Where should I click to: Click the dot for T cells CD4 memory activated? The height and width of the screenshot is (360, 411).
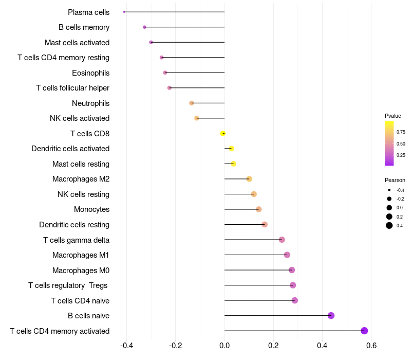pyautogui.click(x=364, y=331)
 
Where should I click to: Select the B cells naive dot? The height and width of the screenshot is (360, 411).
pyautogui.click(x=331, y=315)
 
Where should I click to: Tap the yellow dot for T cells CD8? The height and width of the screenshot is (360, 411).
pyautogui.click(x=223, y=133)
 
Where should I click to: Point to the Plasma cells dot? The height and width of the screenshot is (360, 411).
pyautogui.click(x=124, y=12)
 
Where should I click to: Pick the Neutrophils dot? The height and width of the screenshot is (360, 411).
pyautogui.click(x=192, y=103)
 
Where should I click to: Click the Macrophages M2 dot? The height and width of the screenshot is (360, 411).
pyautogui.click(x=249, y=179)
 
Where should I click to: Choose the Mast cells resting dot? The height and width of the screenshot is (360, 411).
pyautogui.click(x=233, y=164)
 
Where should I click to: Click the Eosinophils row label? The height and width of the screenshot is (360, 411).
pyautogui.click(x=90, y=73)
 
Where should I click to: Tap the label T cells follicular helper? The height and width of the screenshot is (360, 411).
pyautogui.click(x=72, y=88)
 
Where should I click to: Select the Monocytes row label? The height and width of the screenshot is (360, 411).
pyautogui.click(x=91, y=209)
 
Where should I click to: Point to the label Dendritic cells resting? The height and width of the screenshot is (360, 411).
pyautogui.click(x=74, y=225)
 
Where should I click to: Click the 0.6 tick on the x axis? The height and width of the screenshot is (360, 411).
pyautogui.click(x=371, y=345)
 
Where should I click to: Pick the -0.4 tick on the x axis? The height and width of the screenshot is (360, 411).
pyautogui.click(x=126, y=345)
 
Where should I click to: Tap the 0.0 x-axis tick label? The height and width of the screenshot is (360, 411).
pyautogui.click(x=225, y=345)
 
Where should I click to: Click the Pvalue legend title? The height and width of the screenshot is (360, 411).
pyautogui.click(x=393, y=116)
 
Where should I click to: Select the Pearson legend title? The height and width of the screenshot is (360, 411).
pyautogui.click(x=395, y=180)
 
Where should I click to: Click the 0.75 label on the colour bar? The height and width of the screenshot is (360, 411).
pyautogui.click(x=401, y=132)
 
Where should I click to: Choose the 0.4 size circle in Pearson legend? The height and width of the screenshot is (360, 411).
pyautogui.click(x=389, y=225)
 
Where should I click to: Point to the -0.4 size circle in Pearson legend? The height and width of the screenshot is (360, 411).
pyautogui.click(x=389, y=190)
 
